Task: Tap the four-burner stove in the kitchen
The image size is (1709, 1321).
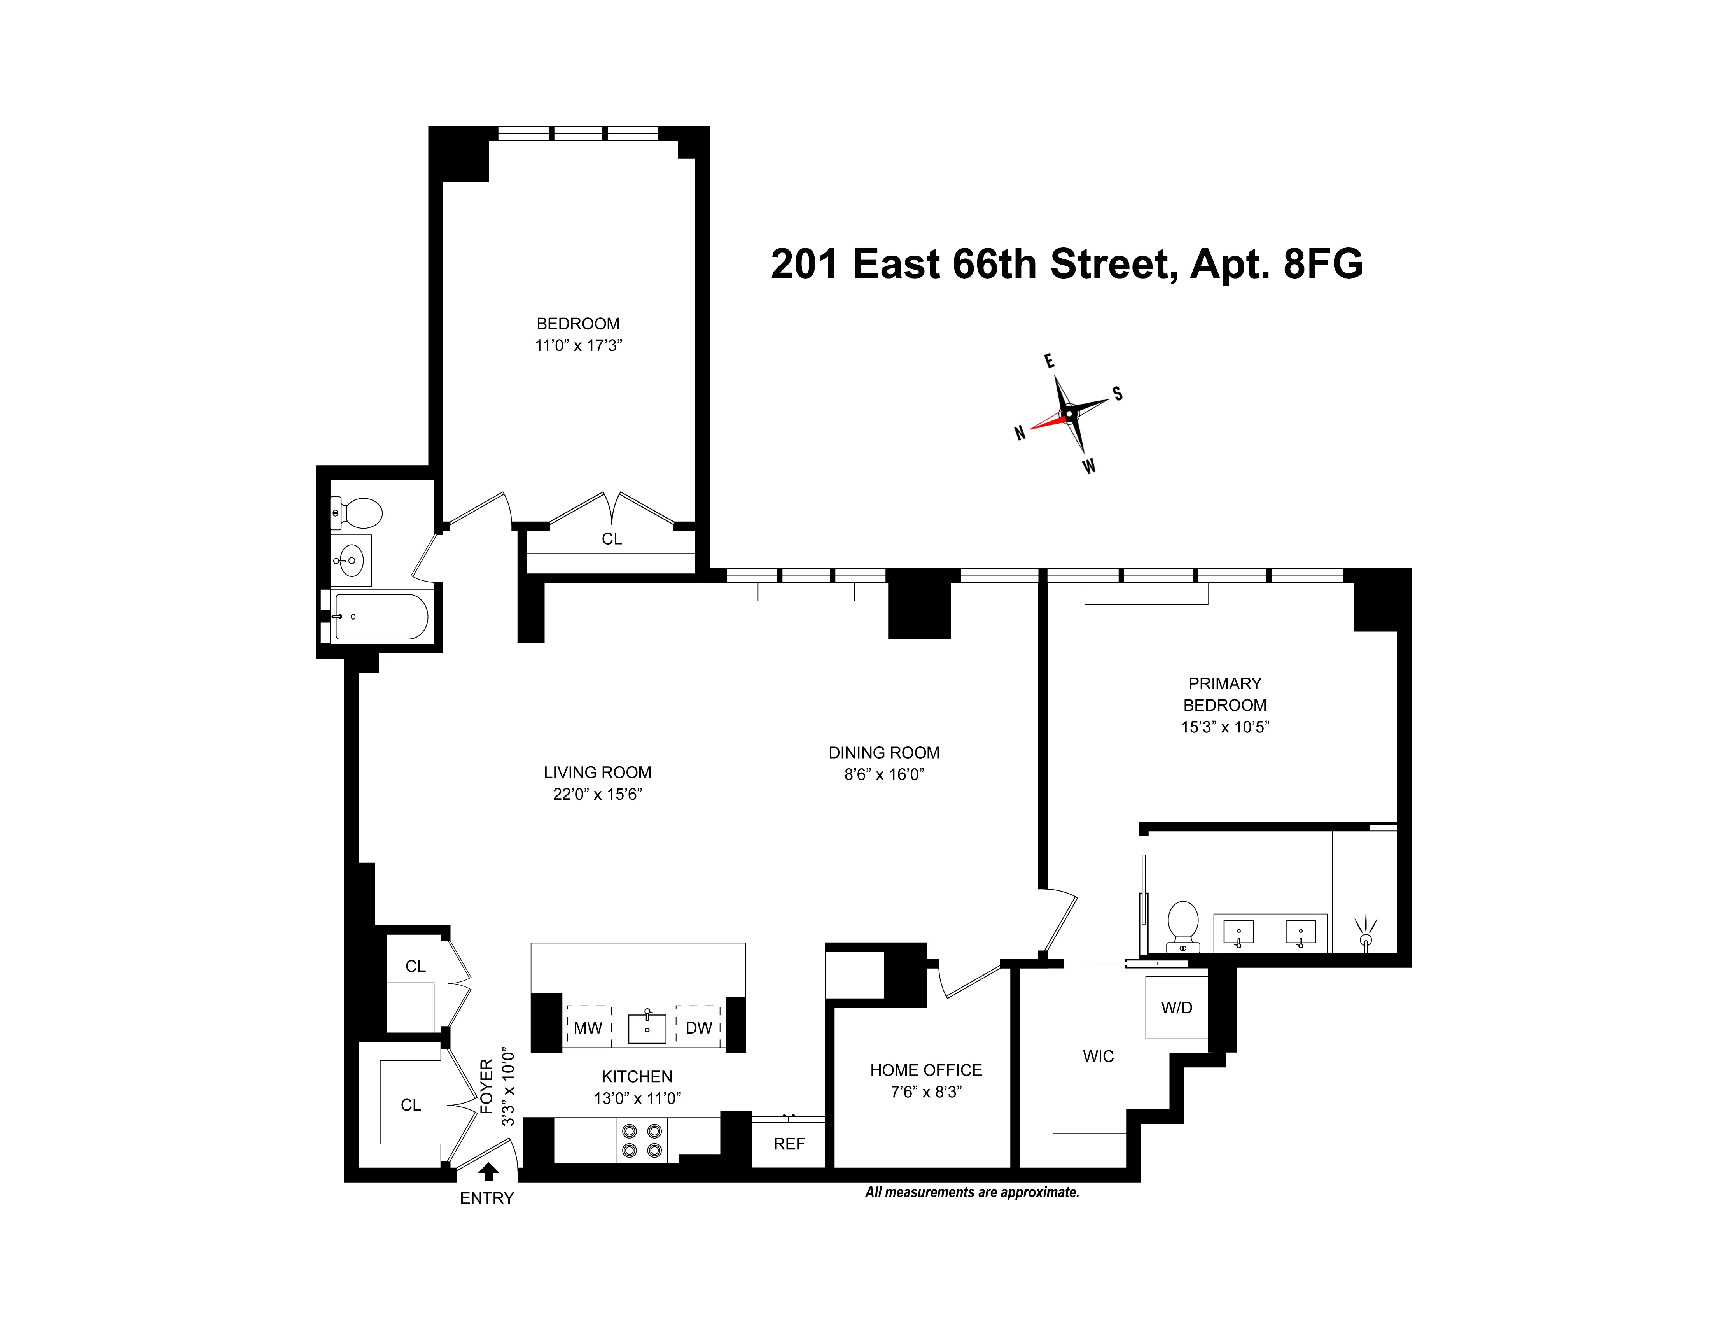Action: pyautogui.click(x=642, y=1140)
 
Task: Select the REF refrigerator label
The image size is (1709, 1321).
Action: pyautogui.click(x=789, y=1144)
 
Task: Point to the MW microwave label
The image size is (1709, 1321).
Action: pyautogui.click(x=588, y=1028)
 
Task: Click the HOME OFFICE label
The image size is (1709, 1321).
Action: pyautogui.click(x=926, y=1070)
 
